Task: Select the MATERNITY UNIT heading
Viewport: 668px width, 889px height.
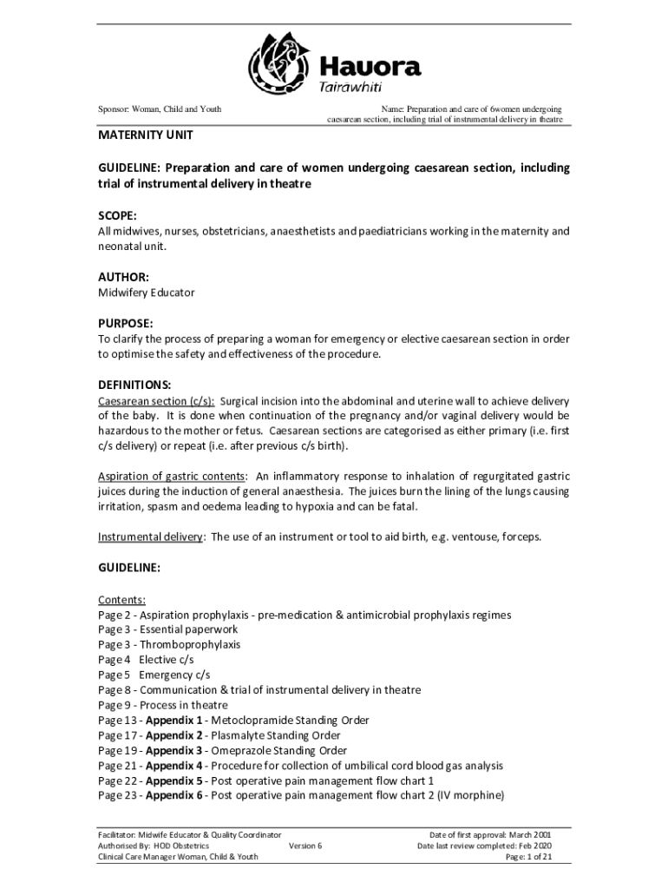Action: [144, 136]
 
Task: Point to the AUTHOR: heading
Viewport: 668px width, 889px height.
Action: [123, 277]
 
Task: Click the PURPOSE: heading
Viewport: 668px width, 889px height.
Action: [126, 323]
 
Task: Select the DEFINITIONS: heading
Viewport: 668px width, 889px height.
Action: [134, 385]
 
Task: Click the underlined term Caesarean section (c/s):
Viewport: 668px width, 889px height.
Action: [156, 401]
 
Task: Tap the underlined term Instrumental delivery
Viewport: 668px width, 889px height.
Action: [150, 537]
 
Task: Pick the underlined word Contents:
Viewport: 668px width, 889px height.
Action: [121, 600]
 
